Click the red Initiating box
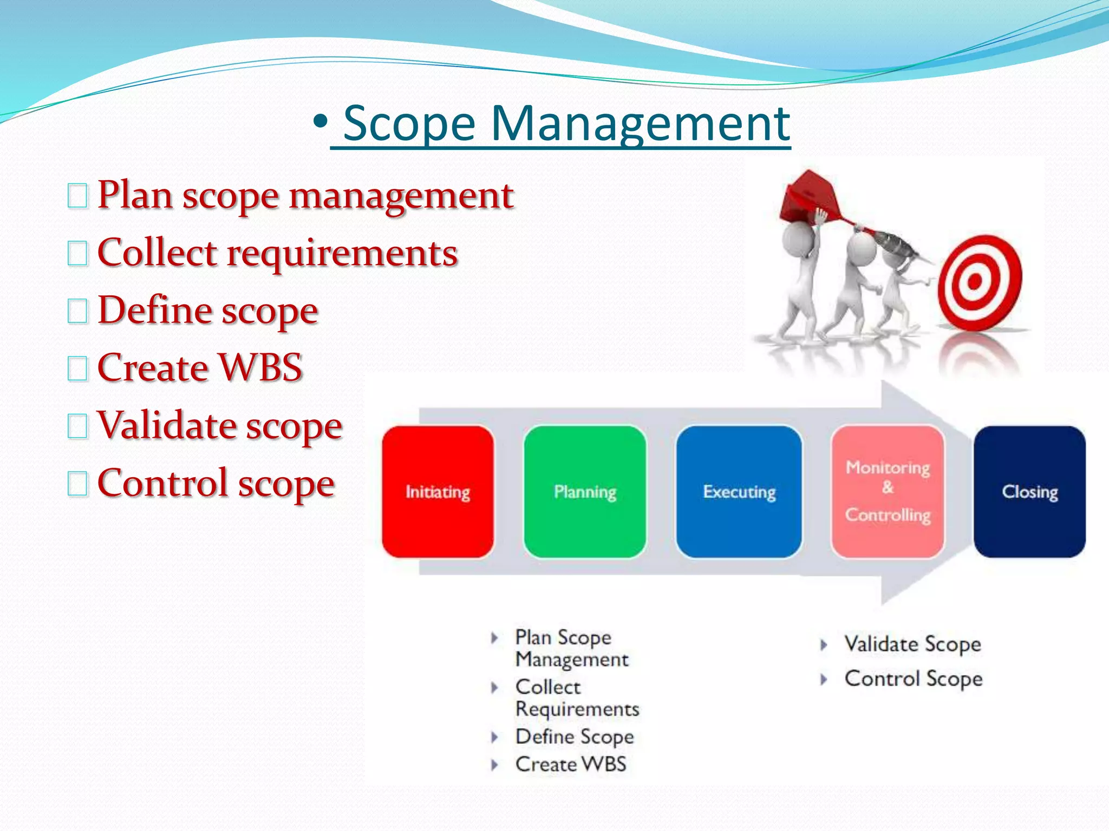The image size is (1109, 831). coord(438,491)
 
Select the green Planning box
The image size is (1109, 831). coord(585,491)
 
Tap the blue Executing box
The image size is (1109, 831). coord(739,491)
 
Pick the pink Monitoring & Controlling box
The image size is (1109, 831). coord(888,491)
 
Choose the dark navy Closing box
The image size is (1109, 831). coord(1029,491)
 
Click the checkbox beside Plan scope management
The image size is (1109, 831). coord(77,196)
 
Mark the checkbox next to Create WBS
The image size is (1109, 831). coord(77,368)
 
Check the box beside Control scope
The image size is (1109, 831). coord(77,484)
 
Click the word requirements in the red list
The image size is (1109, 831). coord(342,254)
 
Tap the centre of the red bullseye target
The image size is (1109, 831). coord(975,281)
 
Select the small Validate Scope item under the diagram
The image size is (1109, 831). coord(912,644)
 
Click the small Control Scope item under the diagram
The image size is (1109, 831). coord(913,679)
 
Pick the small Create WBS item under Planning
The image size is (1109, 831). coord(570,764)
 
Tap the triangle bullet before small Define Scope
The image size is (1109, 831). coord(494,737)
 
